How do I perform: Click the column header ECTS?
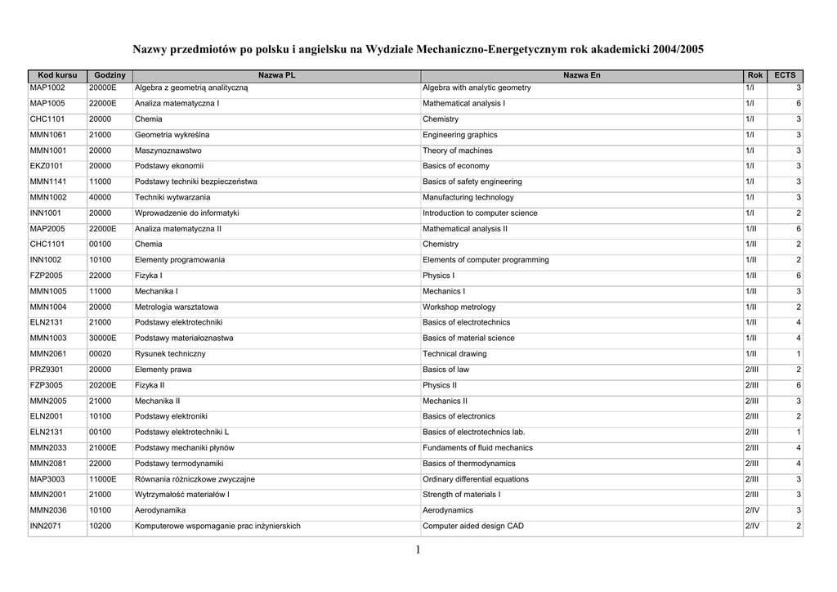pyautogui.click(x=785, y=75)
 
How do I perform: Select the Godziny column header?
pyautogui.click(x=110, y=75)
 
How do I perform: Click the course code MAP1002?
pyautogui.click(x=47, y=87)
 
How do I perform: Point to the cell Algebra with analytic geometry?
pyautogui.click(x=477, y=87)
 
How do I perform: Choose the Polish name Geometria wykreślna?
pyautogui.click(x=172, y=135)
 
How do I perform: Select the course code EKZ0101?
pyautogui.click(x=47, y=166)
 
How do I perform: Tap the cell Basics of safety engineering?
pyautogui.click(x=472, y=182)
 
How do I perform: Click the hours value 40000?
pyautogui.click(x=101, y=197)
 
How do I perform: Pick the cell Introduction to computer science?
pyautogui.click(x=480, y=213)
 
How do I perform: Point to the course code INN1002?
pyautogui.click(x=47, y=260)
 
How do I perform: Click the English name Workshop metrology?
pyautogui.click(x=459, y=307)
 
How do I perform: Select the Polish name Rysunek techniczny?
pyautogui.click(x=170, y=354)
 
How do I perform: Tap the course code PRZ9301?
pyautogui.click(x=47, y=370)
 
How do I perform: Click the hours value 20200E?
pyautogui.click(x=103, y=385)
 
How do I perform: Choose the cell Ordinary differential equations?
pyautogui.click(x=476, y=479)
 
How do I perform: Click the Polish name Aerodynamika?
pyautogui.click(x=160, y=510)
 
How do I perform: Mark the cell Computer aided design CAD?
pyautogui.click(x=473, y=526)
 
